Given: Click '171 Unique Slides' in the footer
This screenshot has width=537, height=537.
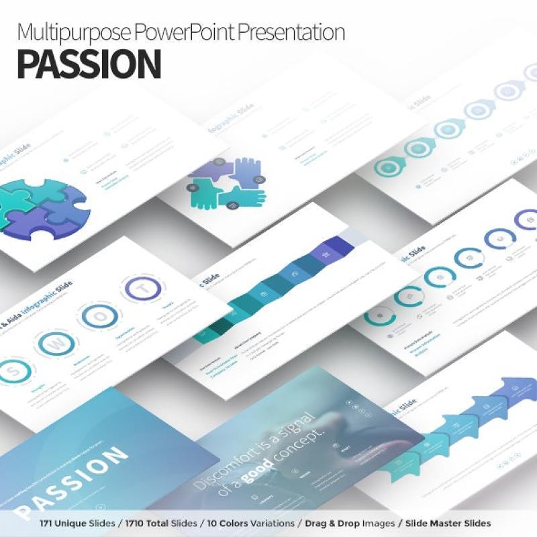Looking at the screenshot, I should coord(79,523).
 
